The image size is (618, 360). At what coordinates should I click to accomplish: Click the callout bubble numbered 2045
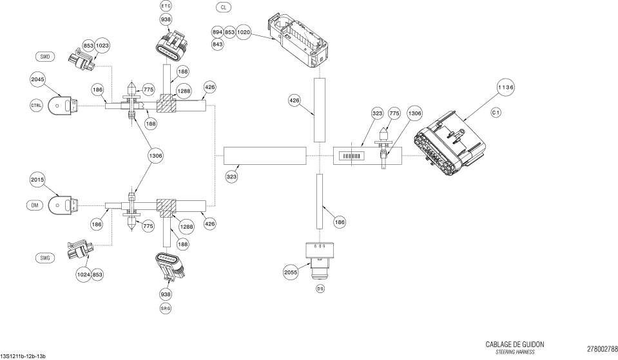tap(37, 79)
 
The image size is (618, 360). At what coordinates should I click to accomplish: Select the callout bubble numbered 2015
tap(37, 180)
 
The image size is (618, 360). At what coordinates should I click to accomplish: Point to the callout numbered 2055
tap(291, 272)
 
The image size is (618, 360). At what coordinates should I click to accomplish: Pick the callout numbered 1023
tap(102, 46)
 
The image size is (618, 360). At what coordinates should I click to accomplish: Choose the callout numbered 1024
tap(83, 275)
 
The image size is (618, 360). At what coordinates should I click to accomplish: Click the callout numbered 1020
tap(244, 32)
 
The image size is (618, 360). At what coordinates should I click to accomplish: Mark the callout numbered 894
tap(217, 32)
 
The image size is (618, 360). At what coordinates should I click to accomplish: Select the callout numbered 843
tap(217, 44)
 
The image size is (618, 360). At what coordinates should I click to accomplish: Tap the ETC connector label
tap(166, 6)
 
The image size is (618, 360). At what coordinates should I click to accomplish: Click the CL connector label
tap(223, 7)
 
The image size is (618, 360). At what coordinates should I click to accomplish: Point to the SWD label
tap(45, 57)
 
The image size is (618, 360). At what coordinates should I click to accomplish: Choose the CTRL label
tap(36, 105)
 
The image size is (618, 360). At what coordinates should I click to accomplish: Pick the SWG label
tap(45, 258)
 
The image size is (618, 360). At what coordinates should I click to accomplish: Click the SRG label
tap(166, 308)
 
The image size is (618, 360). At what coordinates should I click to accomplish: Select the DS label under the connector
tap(320, 289)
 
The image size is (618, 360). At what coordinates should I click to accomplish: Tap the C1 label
tap(496, 113)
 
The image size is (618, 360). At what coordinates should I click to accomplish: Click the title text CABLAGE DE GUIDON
tap(515, 345)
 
